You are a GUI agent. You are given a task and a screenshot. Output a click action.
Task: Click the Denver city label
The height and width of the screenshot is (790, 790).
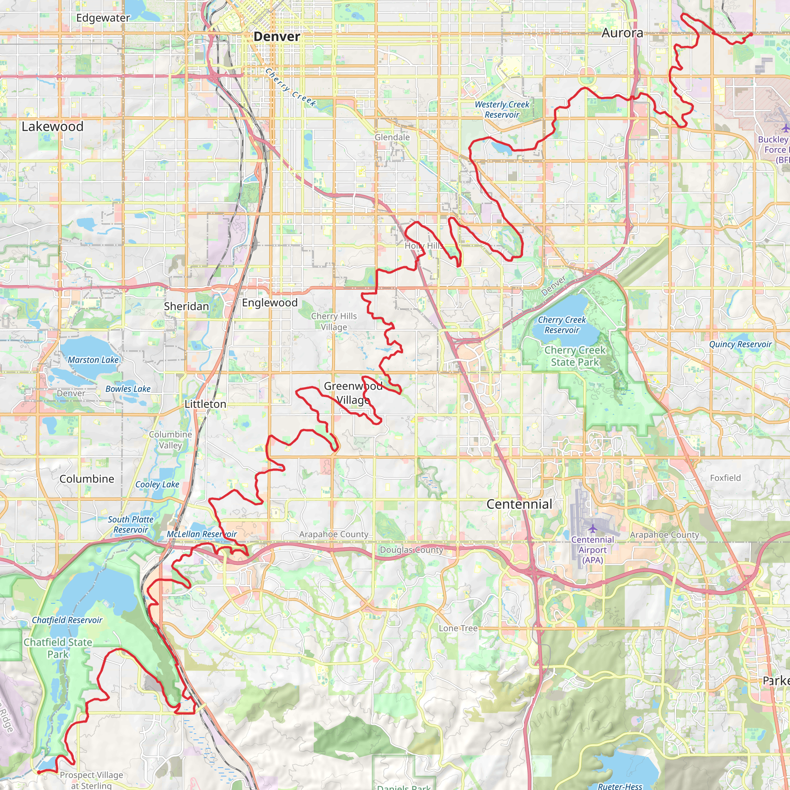click(x=277, y=36)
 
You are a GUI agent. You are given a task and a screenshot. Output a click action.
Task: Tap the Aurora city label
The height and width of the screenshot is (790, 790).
click(x=622, y=33)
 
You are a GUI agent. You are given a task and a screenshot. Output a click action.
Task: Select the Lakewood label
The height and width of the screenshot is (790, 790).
click(x=52, y=127)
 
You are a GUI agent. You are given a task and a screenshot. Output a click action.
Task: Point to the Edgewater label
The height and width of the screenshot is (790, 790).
click(x=103, y=18)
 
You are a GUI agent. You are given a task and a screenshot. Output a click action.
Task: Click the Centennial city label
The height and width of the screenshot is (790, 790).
click(x=519, y=504)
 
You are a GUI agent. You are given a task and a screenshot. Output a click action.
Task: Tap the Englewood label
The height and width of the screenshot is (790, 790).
click(x=270, y=302)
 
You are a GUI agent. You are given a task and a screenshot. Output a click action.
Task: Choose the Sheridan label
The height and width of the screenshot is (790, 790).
click(x=186, y=306)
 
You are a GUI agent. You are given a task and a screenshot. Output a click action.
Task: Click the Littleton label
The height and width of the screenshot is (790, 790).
click(x=205, y=404)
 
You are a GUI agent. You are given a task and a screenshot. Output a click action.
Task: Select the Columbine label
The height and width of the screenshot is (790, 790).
click(x=87, y=479)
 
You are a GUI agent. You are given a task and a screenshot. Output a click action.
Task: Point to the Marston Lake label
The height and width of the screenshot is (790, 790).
click(x=93, y=360)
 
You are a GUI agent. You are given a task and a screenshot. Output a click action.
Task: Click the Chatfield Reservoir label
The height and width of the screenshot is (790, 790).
click(x=67, y=620)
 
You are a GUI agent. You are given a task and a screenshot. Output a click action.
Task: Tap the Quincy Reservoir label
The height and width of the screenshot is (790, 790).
click(x=740, y=344)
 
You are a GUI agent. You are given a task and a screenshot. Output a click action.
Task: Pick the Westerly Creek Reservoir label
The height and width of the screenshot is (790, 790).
click(x=502, y=110)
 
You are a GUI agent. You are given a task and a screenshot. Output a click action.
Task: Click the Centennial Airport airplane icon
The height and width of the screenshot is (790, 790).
click(x=592, y=529)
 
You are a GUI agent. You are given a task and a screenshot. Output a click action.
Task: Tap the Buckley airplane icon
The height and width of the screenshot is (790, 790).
click(x=785, y=128)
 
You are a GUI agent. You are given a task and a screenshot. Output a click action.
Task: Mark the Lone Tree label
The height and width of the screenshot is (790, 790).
click(x=458, y=628)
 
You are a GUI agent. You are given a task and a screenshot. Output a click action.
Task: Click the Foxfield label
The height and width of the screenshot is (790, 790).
click(x=725, y=478)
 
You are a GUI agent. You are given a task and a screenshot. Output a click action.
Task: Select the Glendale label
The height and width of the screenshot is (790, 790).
click(x=392, y=137)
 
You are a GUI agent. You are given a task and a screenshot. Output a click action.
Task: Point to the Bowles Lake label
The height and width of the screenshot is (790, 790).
click(x=128, y=389)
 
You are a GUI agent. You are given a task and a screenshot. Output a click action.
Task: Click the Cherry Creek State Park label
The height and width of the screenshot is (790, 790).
click(x=574, y=356)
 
